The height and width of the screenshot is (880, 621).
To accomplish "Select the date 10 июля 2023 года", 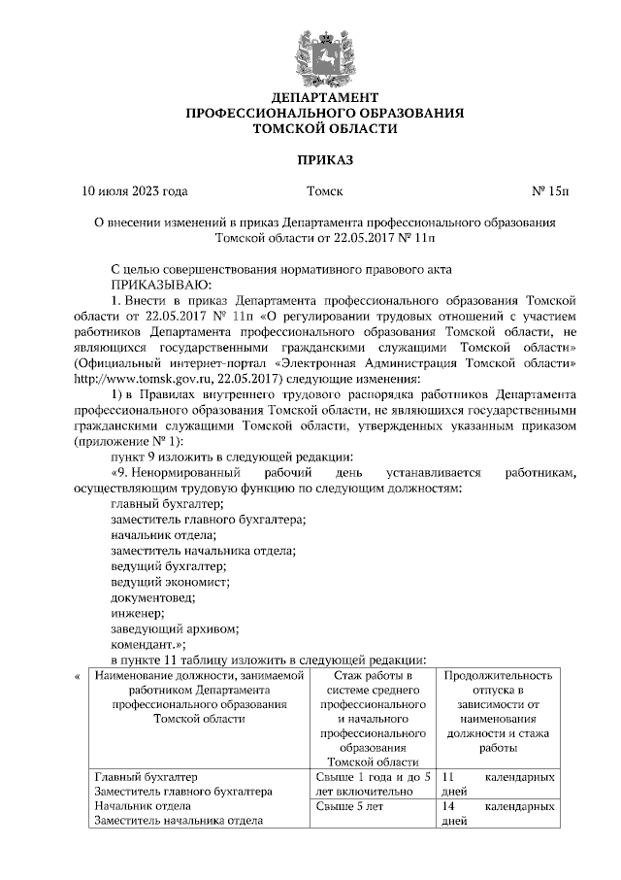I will (x=136, y=191).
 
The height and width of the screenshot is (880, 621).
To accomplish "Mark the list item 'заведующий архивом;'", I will (x=173, y=627).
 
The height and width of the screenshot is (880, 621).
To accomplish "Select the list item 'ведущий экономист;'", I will (x=170, y=581).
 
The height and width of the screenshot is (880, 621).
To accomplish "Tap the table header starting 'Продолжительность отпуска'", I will (x=498, y=711).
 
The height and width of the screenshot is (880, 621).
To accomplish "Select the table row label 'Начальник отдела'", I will (x=140, y=806).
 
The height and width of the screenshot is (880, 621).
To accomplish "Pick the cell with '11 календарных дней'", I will (x=498, y=785).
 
